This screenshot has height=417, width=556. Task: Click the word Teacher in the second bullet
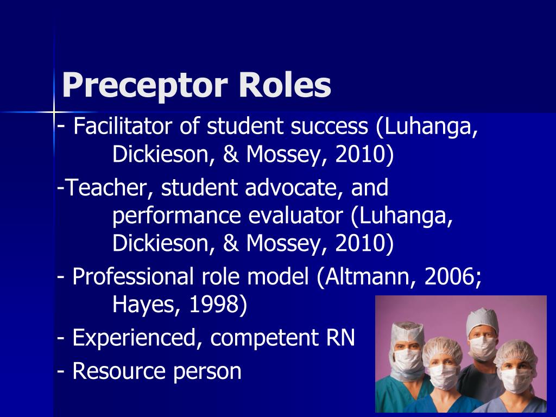tap(108, 188)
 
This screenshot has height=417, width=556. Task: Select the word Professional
tap(133, 277)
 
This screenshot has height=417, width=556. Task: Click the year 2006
tap(453, 277)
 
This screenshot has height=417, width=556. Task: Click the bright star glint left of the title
tap(54, 112)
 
